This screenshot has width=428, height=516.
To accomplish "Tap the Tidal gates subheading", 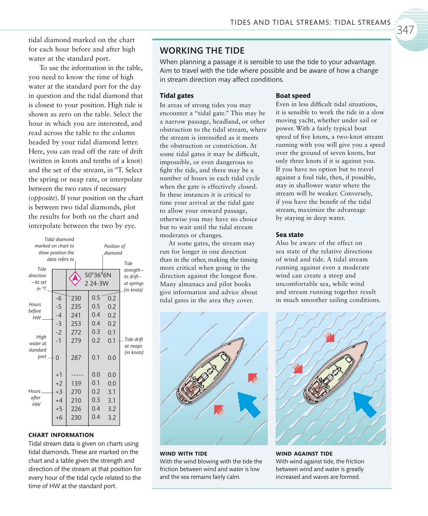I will [177, 96].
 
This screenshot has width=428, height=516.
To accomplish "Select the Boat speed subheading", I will [293, 96].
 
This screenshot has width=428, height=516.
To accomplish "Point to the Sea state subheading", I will [290, 235].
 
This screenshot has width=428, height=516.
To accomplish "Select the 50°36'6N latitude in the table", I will [98, 275].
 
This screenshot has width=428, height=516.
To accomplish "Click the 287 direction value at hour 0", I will [76, 358].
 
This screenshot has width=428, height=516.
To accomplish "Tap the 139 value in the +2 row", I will [76, 383].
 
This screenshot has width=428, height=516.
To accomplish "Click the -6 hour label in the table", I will [59, 298].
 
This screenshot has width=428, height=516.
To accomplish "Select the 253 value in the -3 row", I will [76, 324].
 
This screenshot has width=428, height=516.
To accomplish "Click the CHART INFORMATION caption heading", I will [61, 435].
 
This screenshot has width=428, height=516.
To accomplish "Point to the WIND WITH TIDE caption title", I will [183, 454].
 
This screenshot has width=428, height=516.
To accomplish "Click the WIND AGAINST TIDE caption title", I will [304, 454].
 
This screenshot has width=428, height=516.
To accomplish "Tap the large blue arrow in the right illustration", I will [365, 404].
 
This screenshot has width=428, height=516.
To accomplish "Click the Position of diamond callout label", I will [114, 249].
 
